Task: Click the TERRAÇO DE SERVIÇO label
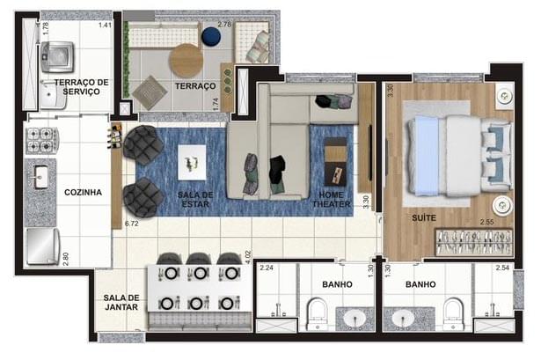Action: pyautogui.click(x=81, y=86)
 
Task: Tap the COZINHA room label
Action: pyautogui.click(x=83, y=192)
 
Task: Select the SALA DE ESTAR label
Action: pyautogui.click(x=194, y=199)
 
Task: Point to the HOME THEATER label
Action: pyautogui.click(x=331, y=199)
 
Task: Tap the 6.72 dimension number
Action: pyautogui.click(x=133, y=224)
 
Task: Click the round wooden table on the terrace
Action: pyautogui.click(x=186, y=60)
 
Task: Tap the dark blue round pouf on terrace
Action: pyautogui.click(x=211, y=36)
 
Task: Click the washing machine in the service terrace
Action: pyautogui.click(x=59, y=57)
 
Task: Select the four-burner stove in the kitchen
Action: pyautogui.click(x=41, y=140)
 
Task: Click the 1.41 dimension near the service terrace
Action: pyautogui.click(x=106, y=25)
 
